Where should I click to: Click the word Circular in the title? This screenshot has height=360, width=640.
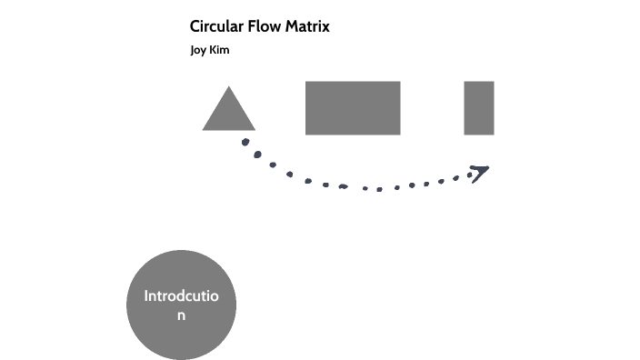(x=215, y=26)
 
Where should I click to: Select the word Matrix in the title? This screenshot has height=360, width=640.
(x=307, y=26)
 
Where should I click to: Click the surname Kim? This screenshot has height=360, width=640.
(x=220, y=50)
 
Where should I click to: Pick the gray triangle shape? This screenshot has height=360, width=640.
(x=228, y=114)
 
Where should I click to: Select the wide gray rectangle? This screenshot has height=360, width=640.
(x=353, y=108)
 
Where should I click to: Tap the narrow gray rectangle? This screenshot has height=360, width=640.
(x=479, y=108)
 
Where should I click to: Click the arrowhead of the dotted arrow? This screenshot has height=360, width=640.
(x=480, y=172)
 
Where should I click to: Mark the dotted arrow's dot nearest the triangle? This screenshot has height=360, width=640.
(x=245, y=142)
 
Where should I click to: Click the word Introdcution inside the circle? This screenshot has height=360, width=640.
(x=182, y=297)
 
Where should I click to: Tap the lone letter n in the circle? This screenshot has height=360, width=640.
(x=182, y=315)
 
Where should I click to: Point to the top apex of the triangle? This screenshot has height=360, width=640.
(x=228, y=87)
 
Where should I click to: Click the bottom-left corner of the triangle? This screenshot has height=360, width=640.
(x=204, y=129)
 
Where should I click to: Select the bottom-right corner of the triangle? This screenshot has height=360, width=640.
(x=254, y=129)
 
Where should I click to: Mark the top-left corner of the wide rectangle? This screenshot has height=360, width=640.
(x=306, y=83)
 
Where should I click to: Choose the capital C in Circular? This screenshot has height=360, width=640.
(x=195, y=26)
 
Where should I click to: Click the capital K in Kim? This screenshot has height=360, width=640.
(x=214, y=50)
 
